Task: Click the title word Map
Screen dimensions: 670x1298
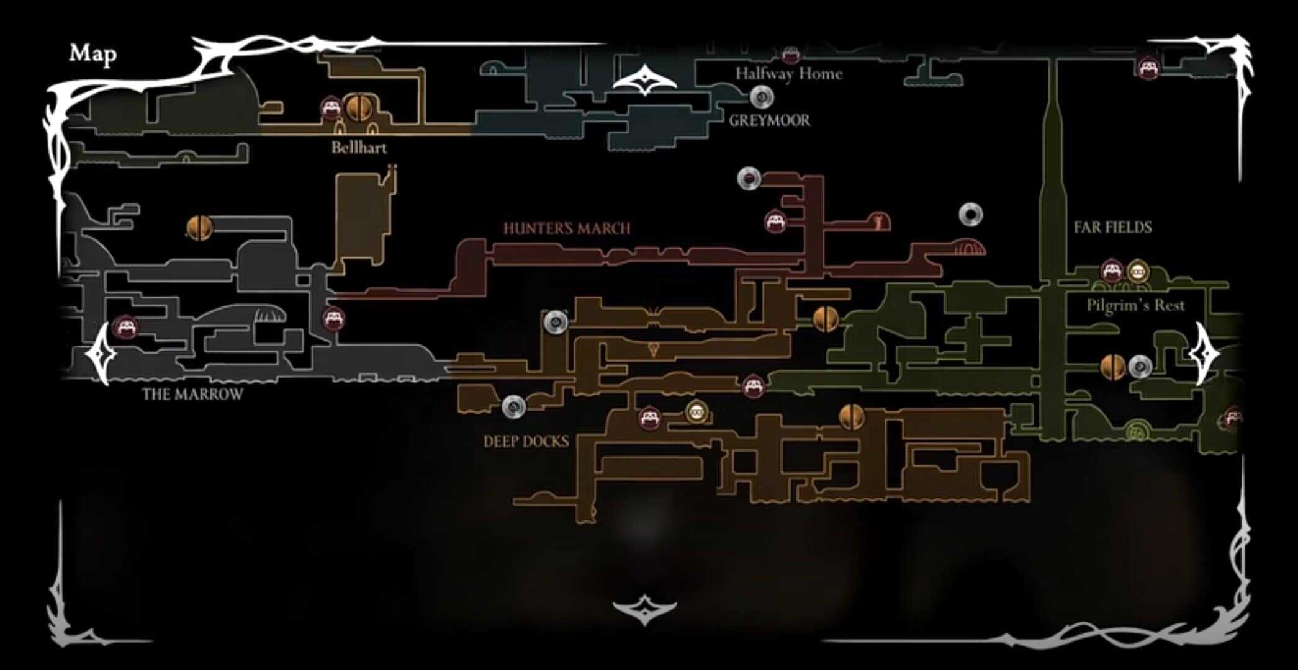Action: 92,54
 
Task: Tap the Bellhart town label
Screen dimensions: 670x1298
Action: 359,148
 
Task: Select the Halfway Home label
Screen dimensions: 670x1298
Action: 788,74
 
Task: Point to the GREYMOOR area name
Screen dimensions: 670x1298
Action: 769,120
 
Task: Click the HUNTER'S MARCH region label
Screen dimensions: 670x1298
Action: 566,229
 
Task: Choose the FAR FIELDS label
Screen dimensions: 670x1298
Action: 1112,228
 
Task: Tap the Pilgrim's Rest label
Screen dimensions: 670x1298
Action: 1135,305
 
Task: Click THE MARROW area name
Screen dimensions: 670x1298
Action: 192,395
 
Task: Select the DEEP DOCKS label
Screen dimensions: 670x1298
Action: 526,442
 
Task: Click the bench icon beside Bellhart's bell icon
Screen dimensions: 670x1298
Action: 331,109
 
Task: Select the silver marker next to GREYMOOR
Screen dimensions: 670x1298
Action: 762,97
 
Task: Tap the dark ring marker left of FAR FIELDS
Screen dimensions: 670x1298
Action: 970,215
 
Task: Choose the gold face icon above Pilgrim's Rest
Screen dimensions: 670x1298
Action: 1137,271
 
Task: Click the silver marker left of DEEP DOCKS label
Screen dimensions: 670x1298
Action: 513,407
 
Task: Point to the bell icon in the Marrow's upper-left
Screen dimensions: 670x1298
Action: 199,228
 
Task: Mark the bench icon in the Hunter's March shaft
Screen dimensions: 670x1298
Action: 775,221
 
